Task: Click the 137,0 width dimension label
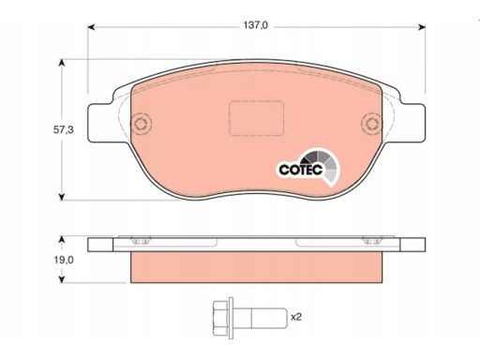256,25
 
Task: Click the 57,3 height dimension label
64,129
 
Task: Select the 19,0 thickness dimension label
64,260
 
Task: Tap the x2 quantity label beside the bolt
296,317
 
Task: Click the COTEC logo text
301,170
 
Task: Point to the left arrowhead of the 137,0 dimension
91,27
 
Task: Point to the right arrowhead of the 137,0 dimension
422,27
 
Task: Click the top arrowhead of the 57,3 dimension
62,63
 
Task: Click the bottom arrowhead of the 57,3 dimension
62,197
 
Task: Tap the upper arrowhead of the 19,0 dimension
62,240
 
